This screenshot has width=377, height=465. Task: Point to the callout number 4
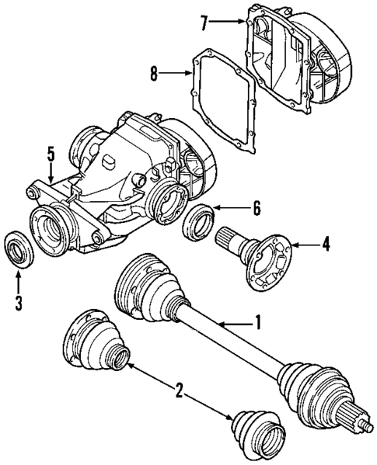[x=326, y=245]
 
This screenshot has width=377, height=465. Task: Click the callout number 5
[x=51, y=154]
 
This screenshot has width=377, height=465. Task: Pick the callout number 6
[x=256, y=208]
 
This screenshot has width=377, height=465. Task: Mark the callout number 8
[x=155, y=75]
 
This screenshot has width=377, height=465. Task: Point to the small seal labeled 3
[x=17, y=250]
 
